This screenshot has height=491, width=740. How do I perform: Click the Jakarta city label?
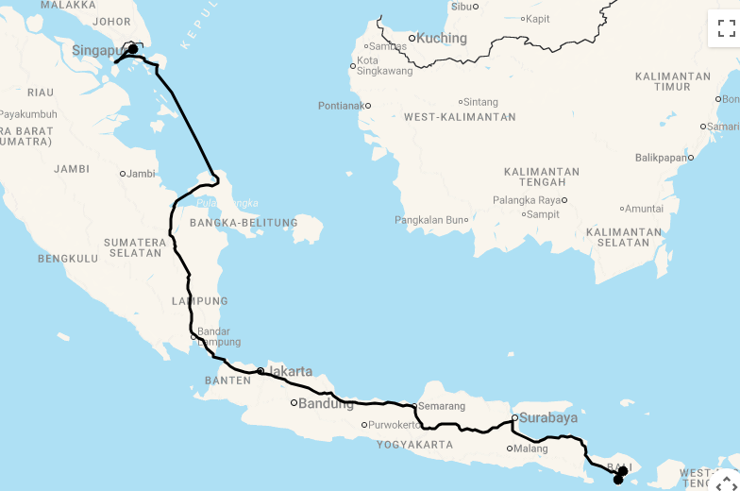pos(290,371)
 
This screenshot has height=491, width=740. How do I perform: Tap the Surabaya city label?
pos(549,417)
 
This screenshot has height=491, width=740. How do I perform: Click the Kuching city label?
pos(442,39)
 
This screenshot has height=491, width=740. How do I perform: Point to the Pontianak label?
pos(341,106)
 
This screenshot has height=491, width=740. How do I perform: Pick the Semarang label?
pos(442,406)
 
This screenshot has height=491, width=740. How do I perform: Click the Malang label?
pos(531,449)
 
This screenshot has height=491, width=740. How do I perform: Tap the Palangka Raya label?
pos(527,200)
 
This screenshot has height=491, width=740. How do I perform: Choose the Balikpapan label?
pos(661,158)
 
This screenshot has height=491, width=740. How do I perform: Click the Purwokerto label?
pos(395,425)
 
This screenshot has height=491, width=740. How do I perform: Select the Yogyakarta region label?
pos(414,445)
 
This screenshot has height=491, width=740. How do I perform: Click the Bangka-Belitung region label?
pos(244,224)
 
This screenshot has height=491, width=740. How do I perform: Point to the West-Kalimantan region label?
pos(460,117)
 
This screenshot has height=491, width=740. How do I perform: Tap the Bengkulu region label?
pos(68,258)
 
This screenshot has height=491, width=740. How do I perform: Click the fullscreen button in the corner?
pos(726,28)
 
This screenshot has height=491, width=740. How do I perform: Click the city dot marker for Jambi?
pos(122,174)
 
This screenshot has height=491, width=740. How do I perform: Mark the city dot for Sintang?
pos(461,102)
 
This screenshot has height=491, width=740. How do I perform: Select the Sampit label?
pos(544,214)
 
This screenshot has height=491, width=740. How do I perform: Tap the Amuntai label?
pos(645,209)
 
